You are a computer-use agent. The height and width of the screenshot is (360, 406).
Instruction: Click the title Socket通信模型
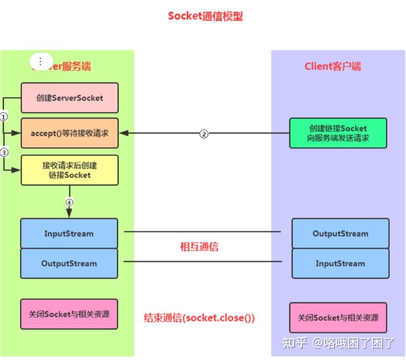[205, 16]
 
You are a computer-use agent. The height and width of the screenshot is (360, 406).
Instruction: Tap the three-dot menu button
[41, 61]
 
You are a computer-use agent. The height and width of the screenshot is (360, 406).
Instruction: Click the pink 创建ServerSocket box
[69, 98]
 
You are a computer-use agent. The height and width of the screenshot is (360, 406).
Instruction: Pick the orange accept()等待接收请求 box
[69, 133]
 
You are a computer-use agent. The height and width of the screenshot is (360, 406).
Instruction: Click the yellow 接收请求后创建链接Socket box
[69, 170]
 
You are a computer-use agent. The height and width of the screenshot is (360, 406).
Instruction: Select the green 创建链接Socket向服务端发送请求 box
[338, 133]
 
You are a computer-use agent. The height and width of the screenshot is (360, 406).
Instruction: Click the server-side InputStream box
[69, 234]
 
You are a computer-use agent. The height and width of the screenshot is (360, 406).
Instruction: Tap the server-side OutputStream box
[69, 263]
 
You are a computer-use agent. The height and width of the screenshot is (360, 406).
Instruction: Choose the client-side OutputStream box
[340, 234]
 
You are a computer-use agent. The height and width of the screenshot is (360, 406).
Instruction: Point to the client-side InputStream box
[340, 263]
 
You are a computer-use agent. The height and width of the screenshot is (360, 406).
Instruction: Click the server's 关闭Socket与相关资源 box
[69, 314]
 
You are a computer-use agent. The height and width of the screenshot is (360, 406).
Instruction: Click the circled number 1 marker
[4, 116]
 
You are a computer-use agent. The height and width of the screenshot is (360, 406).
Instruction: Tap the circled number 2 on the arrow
[204, 134]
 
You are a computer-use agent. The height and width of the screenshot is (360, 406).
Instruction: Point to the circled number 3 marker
[4, 153]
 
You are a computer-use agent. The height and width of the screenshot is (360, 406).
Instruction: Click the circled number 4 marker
[69, 202]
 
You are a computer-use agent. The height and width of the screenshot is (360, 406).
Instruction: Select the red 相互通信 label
[199, 247]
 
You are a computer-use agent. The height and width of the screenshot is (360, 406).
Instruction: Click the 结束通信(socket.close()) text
[199, 318]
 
